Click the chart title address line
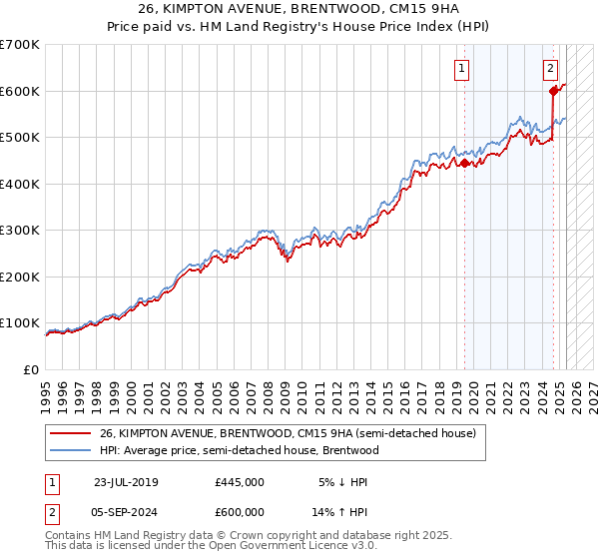tap(299, 9)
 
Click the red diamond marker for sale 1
tap(464, 164)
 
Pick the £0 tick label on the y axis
tap(32, 369)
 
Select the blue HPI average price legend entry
tap(240, 450)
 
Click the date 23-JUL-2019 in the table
tap(126, 482)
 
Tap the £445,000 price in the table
tap(240, 482)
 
